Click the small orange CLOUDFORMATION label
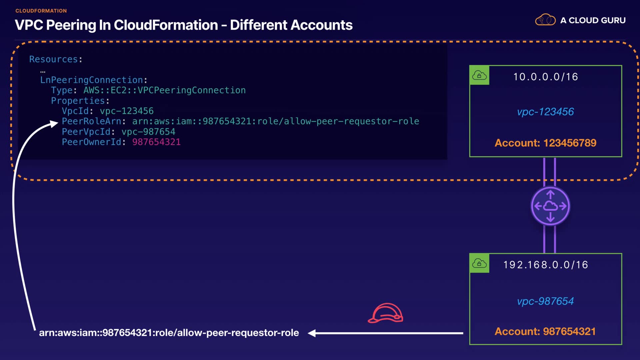tap(41, 11)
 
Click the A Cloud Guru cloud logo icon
tap(545, 20)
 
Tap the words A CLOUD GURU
tap(593, 20)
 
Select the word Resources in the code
tap(53, 59)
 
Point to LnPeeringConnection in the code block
tap(92, 80)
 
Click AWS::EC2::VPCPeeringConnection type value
tap(164, 90)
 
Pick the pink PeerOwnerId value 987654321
tap(156, 142)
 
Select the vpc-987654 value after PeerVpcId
tap(148, 132)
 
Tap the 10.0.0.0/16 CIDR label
tap(545, 77)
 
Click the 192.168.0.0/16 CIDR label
tap(545, 265)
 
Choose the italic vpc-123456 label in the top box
tap(545, 112)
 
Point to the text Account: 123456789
tap(545, 143)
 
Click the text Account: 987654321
tap(545, 332)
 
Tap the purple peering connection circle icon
tap(550, 206)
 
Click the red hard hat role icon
tap(385, 314)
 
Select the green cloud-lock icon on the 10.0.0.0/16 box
tap(479, 75)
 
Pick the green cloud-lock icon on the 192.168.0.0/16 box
tap(479, 263)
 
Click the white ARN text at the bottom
tap(169, 333)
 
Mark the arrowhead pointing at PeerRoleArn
tap(54, 124)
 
